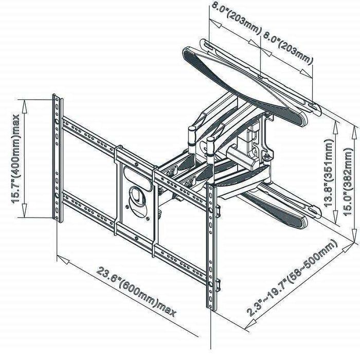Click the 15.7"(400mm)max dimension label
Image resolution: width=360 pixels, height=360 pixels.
coord(16,158)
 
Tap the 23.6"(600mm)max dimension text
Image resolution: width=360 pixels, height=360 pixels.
coord(136,292)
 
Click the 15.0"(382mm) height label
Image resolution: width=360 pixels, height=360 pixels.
coord(348,182)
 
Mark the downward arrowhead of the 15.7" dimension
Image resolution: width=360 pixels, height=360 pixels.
coord(24,210)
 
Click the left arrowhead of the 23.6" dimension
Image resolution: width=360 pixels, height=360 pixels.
coord(63,259)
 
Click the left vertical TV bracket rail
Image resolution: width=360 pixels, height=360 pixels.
coord(58,158)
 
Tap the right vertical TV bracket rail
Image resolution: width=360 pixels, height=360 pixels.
coord(212,247)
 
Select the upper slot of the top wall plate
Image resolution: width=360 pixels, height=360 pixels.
coord(209,46)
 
